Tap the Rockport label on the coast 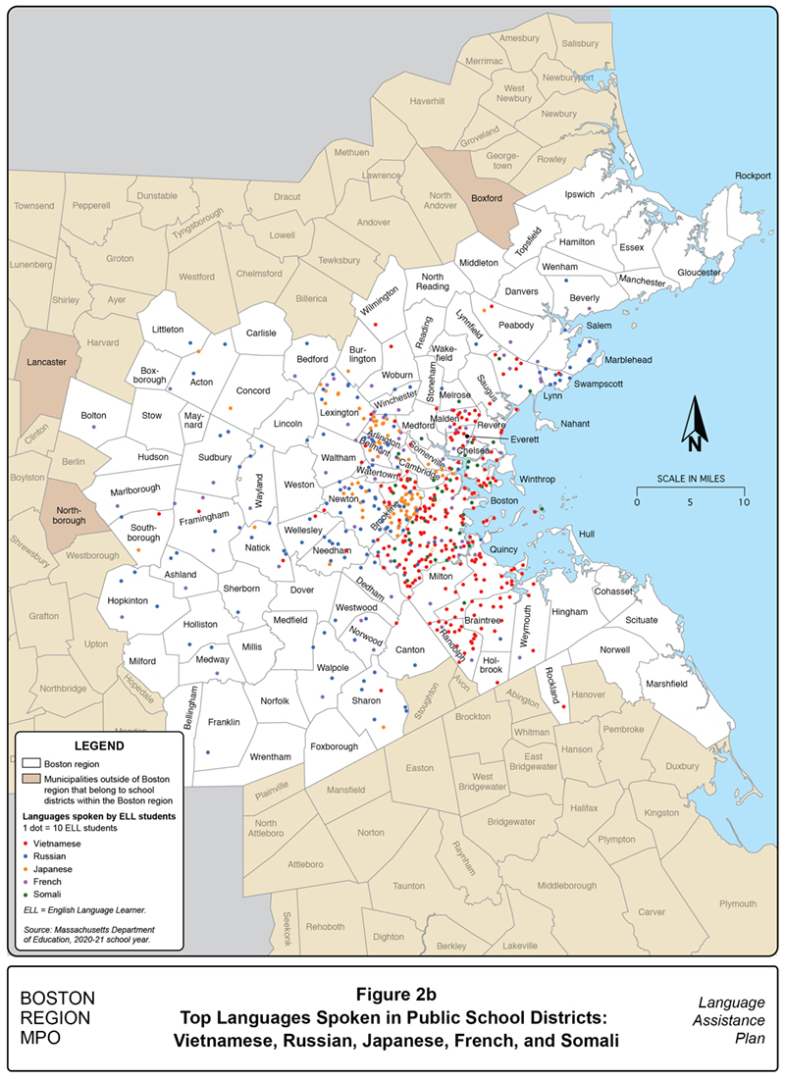click(755, 176)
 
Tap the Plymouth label click(738, 903)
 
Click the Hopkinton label click(128, 599)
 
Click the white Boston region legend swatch click(30, 762)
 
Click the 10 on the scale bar click(743, 501)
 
